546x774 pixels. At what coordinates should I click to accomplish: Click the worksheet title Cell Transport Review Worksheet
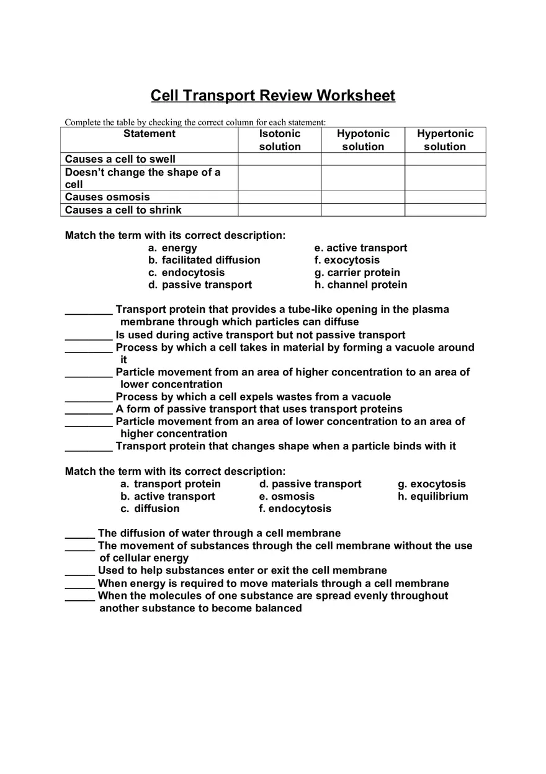coord(273,96)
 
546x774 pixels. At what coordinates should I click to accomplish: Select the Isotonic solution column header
coord(279,140)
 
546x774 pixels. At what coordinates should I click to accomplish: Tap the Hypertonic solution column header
coord(445,140)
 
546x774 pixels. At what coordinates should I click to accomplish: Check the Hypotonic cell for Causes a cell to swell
coord(363,160)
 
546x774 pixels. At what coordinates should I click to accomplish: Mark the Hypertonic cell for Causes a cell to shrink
coord(445,210)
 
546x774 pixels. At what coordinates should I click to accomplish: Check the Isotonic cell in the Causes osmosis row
coord(279,197)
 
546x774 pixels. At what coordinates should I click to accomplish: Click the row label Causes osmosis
coord(107,197)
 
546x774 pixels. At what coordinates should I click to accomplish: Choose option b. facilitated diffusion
coord(204,260)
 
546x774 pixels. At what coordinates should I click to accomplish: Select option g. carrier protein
coord(357,272)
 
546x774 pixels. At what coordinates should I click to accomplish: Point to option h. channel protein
coord(361,285)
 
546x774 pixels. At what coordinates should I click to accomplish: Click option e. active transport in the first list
coord(361,248)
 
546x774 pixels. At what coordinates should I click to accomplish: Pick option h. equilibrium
coord(433,497)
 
